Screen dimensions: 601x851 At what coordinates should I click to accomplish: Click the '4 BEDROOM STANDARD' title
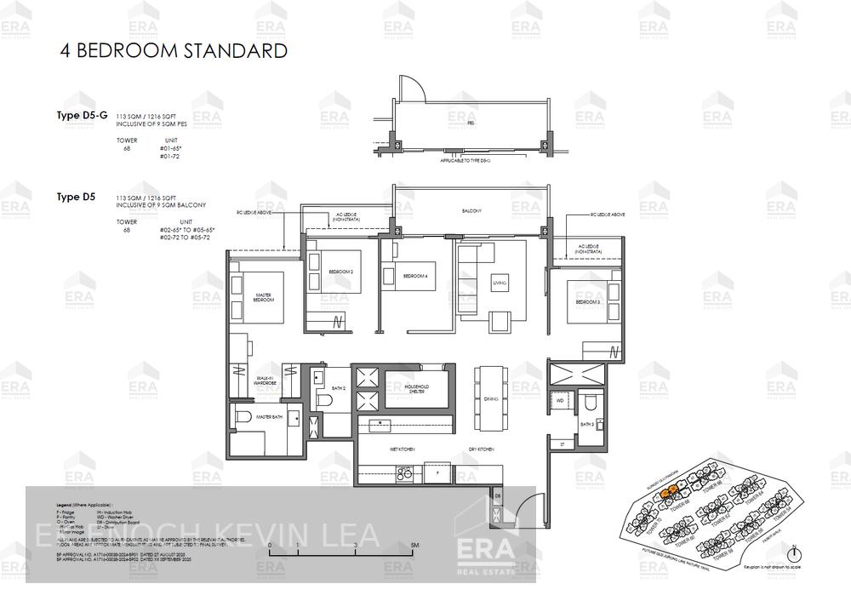tap(173, 51)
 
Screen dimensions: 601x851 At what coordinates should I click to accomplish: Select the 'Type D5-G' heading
tap(82, 115)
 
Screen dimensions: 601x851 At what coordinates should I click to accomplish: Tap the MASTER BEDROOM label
tap(264, 298)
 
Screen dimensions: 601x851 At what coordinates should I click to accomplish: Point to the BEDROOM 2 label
tap(342, 272)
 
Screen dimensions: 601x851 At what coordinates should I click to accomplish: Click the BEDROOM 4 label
tap(414, 276)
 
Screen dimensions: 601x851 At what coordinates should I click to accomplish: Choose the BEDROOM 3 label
tap(588, 302)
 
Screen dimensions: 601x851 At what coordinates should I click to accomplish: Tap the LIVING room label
tap(500, 283)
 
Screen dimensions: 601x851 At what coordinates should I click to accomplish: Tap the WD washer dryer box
tap(560, 399)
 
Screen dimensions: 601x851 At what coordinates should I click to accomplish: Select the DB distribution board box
tap(498, 495)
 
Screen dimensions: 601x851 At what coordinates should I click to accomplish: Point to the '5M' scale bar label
tap(414, 545)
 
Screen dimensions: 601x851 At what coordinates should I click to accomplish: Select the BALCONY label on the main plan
tap(472, 211)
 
